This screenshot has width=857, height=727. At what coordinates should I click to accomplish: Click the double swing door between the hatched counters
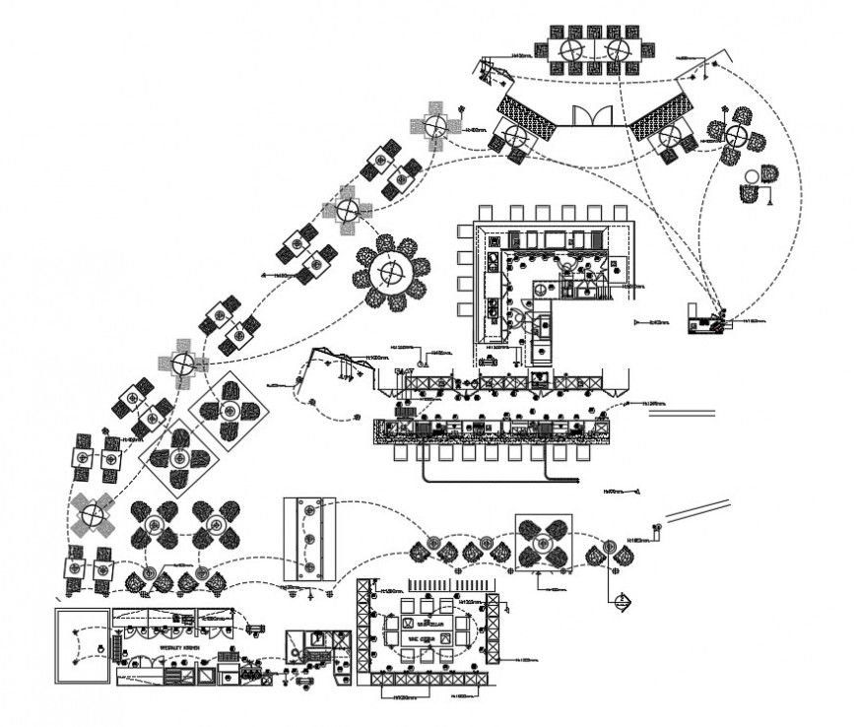click(x=594, y=116)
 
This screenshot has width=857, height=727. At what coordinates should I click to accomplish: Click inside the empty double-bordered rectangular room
click(x=81, y=645)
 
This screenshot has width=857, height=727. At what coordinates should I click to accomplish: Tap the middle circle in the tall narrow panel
click(x=308, y=540)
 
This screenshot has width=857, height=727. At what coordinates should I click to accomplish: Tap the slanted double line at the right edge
click(x=699, y=510)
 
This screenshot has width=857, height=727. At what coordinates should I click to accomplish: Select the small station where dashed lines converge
click(x=704, y=320)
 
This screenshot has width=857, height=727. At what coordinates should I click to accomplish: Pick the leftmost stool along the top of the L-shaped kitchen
click(x=487, y=213)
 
